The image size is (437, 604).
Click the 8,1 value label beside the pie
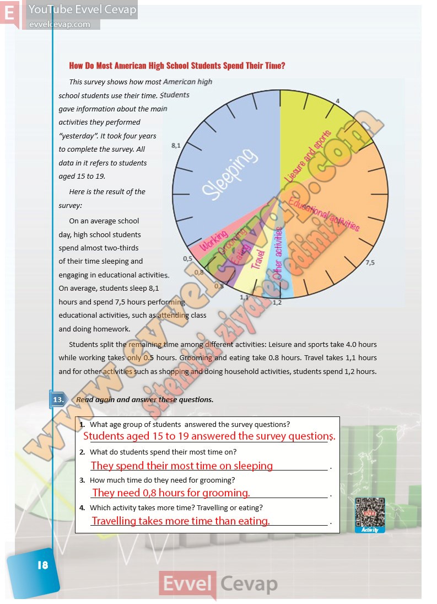pyautogui.click(x=176, y=146)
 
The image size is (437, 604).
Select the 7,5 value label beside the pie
pyautogui.click(x=370, y=263)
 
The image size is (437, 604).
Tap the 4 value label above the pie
pyautogui.click(x=337, y=101)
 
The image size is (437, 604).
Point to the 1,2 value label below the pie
pyautogui.click(x=277, y=302)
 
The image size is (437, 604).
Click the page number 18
pyautogui.click(x=42, y=565)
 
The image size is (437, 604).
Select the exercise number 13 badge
pyautogui.click(x=57, y=399)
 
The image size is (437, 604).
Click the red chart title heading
pyautogui.click(x=177, y=66)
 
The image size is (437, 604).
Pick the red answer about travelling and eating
pyautogui.click(x=181, y=521)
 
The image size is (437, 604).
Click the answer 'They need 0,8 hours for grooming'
pyautogui.click(x=171, y=493)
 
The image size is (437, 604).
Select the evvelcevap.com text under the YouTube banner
pyautogui.click(x=60, y=24)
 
